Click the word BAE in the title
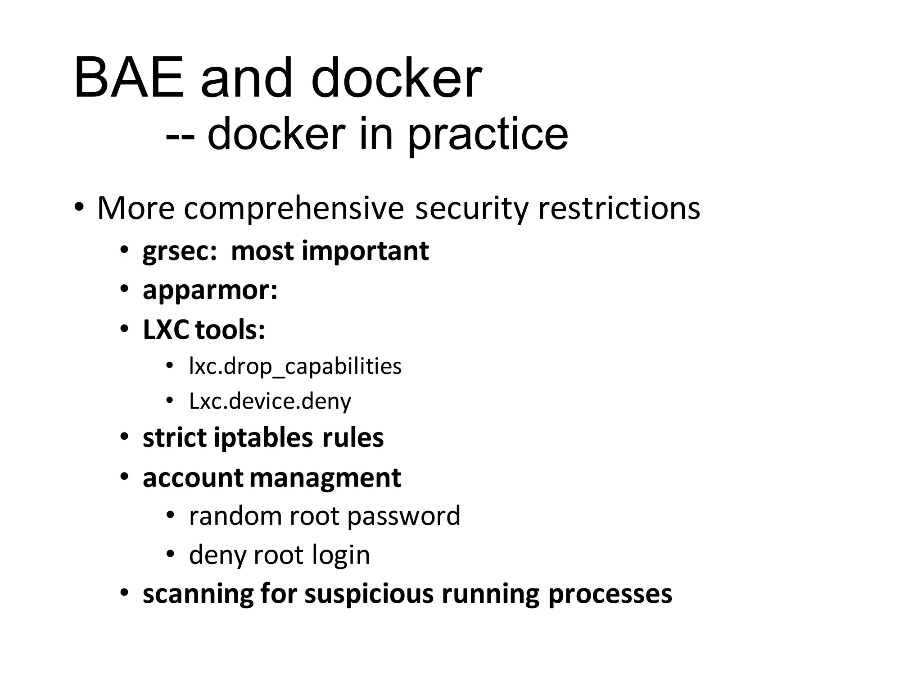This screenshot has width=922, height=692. click(129, 78)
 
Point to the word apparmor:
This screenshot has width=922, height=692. click(210, 291)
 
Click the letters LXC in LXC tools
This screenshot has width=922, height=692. click(166, 330)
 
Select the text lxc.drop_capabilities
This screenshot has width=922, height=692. click(295, 366)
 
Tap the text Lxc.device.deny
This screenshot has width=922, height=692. click(270, 401)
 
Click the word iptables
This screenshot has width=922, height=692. click(263, 438)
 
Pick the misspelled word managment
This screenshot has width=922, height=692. click(325, 478)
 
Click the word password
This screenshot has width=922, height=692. click(404, 516)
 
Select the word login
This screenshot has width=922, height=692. click(341, 555)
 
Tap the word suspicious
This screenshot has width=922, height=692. click(370, 594)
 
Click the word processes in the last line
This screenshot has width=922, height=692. click(610, 594)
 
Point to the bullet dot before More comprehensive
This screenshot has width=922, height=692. click(79, 208)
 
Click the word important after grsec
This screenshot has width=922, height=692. click(365, 251)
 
